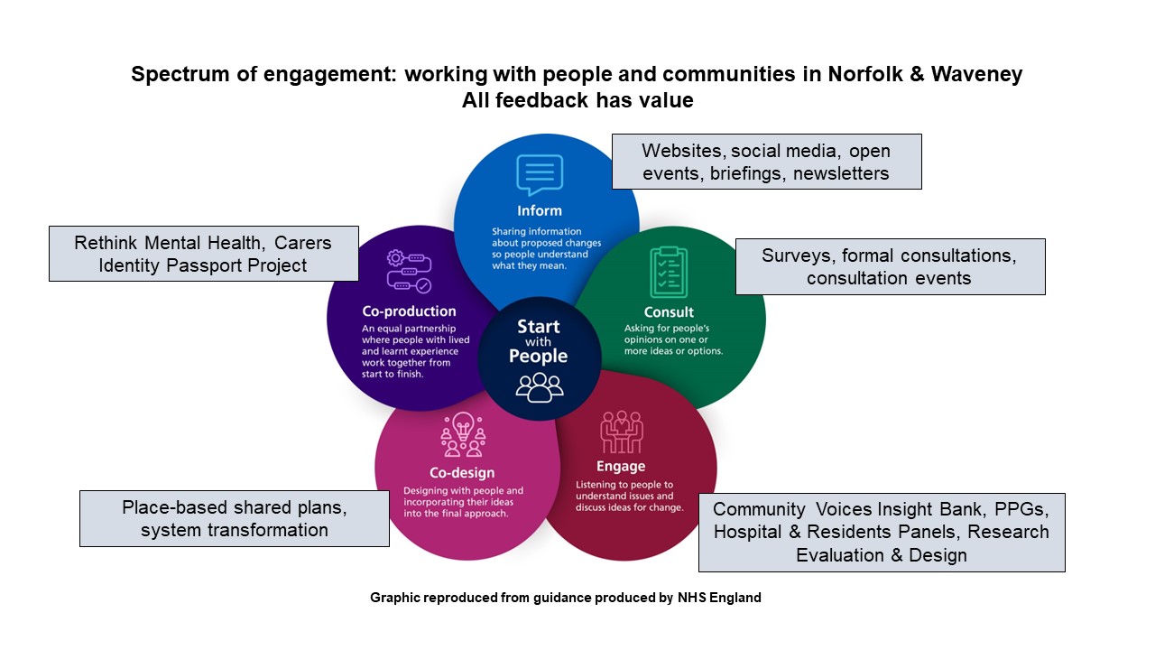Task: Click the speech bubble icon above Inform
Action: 540,175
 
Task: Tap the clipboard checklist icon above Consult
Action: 669,272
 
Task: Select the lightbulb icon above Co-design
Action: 463,434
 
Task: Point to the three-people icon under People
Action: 540,386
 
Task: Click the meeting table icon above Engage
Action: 622,432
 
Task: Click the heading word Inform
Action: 540,210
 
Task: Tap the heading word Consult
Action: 669,312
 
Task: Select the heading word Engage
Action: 621,467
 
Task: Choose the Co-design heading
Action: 462,472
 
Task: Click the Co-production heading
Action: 409,311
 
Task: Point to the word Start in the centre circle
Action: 539,327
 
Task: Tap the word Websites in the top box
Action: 682,150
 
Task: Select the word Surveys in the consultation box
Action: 798,255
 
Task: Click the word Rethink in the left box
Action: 107,243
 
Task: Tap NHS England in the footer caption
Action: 719,598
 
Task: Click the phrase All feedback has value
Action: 577,100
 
